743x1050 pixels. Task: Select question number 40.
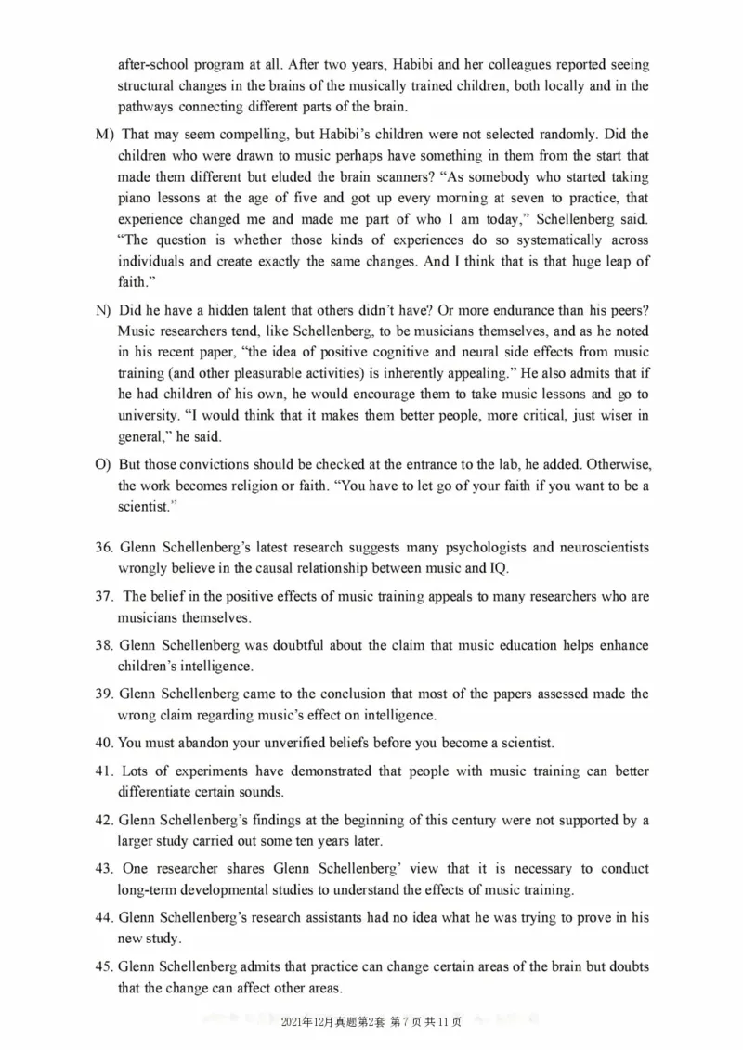point(103,743)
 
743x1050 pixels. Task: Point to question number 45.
point(103,966)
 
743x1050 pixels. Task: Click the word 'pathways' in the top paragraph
point(145,106)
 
